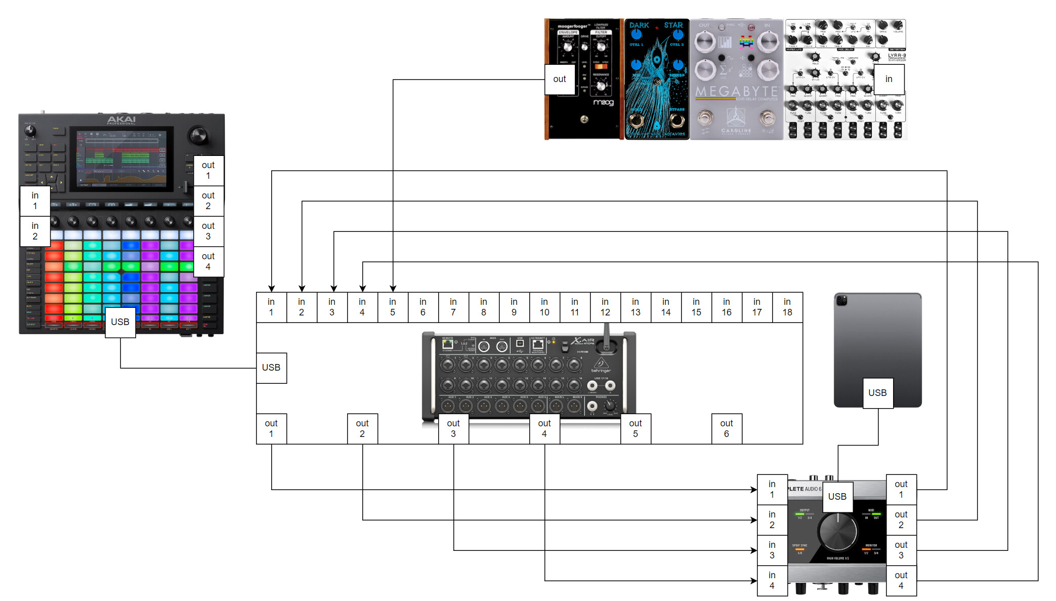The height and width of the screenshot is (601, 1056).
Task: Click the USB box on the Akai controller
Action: (x=120, y=322)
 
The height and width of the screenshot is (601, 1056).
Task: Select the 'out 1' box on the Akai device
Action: (x=208, y=171)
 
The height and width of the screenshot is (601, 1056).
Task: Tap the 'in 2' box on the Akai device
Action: (x=35, y=231)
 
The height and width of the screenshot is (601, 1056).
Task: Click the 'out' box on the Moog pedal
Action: (x=560, y=79)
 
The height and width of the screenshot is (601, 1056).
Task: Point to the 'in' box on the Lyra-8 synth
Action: (x=889, y=79)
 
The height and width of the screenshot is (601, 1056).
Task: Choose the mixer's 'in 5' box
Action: (x=393, y=307)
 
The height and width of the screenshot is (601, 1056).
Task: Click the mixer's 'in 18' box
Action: (x=787, y=307)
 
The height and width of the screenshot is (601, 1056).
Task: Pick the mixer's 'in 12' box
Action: (x=605, y=307)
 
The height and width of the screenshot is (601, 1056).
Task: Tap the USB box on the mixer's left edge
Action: (x=271, y=368)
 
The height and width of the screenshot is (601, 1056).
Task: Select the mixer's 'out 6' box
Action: (x=727, y=428)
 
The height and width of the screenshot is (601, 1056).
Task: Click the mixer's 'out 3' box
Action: (x=453, y=428)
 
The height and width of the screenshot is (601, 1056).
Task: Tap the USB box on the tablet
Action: (x=878, y=393)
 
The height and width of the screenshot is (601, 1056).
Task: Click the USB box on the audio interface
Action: (x=837, y=497)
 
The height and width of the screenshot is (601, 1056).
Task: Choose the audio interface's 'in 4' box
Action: (x=772, y=580)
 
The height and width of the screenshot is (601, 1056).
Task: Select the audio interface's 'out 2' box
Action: (x=901, y=519)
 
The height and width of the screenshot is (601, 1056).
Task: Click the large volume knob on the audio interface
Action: (x=838, y=532)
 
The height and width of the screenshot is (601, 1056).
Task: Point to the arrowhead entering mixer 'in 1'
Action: (x=272, y=289)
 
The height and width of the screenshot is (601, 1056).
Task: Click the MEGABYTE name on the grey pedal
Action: (x=736, y=92)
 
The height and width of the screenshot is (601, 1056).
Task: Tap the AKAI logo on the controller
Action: (x=121, y=119)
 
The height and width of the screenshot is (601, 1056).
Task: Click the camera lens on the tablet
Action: (x=842, y=301)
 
